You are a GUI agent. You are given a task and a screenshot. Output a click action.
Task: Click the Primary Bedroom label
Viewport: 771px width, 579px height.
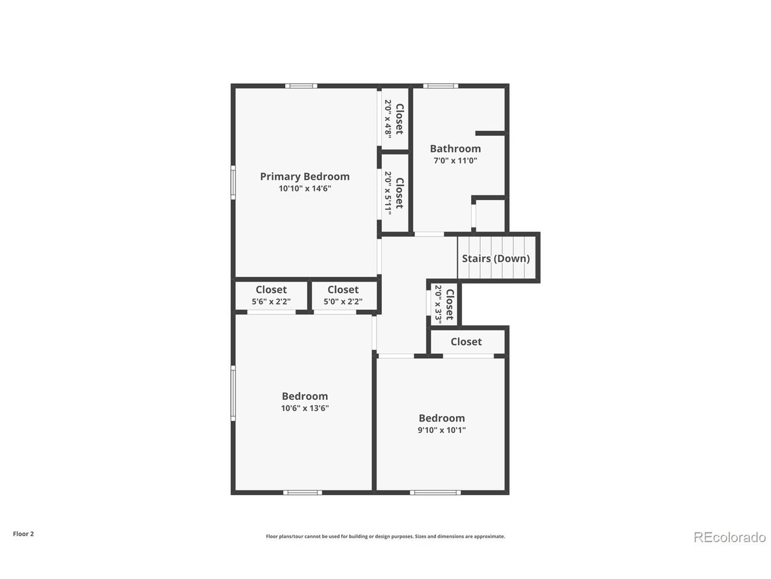coord(304,177)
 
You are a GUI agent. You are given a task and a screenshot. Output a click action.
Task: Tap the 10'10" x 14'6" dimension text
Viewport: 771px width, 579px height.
coord(304,189)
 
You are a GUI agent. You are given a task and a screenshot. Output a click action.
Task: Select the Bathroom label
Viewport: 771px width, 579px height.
coord(455,148)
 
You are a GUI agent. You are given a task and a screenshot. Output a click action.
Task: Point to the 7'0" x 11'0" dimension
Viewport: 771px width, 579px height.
coord(455,161)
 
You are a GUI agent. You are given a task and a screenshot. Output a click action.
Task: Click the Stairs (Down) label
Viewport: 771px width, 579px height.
coord(496,259)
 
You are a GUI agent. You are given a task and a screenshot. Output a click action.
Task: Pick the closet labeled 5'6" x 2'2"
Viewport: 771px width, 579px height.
coord(271,296)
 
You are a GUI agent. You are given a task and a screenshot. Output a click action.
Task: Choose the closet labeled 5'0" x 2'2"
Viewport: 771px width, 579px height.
coord(343,296)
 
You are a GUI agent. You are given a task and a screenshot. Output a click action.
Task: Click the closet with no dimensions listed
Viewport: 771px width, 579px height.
coord(466,342)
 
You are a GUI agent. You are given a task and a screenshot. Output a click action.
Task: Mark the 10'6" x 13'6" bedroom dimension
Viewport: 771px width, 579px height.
coord(304,408)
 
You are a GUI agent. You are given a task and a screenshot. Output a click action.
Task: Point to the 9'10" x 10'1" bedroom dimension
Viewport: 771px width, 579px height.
coord(442,431)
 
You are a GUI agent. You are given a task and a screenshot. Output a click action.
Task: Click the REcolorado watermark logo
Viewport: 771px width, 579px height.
coord(729,537)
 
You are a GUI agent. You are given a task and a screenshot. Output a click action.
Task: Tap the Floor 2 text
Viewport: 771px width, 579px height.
coord(23,534)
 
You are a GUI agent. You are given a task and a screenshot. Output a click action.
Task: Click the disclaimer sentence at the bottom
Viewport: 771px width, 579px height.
coord(385,536)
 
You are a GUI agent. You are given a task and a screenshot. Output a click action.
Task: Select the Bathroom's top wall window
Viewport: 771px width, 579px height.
coord(440,86)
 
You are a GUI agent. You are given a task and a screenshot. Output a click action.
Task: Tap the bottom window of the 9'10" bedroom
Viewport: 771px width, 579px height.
coord(435,493)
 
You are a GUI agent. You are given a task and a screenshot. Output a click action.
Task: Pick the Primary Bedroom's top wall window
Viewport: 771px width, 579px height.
coord(301,86)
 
